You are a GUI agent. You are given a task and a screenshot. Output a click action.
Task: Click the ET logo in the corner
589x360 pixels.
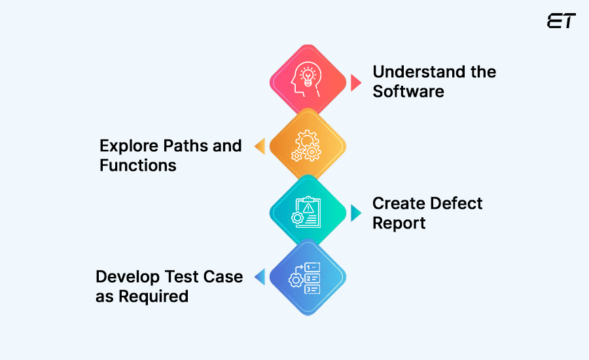[x=561, y=21]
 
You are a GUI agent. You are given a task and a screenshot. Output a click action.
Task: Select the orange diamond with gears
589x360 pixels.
[x=308, y=146]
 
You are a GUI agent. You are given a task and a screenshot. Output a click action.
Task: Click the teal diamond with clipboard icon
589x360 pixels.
[x=308, y=212]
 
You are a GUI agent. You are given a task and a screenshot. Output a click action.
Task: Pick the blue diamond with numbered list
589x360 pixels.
[x=308, y=278]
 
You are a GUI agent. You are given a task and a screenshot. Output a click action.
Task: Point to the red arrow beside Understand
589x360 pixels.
[x=355, y=82]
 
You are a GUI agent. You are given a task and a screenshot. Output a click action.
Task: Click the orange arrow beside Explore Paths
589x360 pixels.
[x=260, y=147]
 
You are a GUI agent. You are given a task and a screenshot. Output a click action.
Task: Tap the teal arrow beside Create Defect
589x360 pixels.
[x=355, y=213]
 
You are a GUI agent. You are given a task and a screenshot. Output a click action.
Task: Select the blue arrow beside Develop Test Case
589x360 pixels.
[x=260, y=278]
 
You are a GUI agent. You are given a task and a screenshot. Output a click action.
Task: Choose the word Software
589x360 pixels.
[x=408, y=91]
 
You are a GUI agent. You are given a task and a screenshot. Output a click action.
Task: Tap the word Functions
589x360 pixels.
[x=138, y=165]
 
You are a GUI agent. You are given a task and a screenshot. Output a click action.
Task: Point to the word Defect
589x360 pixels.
[x=459, y=203]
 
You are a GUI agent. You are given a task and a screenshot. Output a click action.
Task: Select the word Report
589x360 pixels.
[x=399, y=223]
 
